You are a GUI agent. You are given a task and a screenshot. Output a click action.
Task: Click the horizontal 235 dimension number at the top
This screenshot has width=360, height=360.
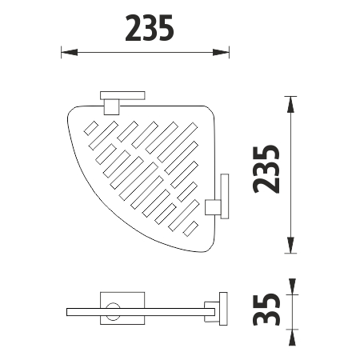[150, 28]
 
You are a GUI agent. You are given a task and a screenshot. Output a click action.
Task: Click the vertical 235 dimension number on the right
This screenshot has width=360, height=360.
[266, 169]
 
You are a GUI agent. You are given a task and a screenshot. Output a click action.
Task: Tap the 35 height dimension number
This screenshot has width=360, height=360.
[266, 310]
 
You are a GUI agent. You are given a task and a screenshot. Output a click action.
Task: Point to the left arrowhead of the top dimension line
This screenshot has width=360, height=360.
[70, 52]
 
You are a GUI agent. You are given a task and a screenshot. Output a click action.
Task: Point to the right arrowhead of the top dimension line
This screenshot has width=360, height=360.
[221, 52]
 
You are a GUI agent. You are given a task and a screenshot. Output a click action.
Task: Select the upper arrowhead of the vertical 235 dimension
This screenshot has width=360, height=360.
[290, 104]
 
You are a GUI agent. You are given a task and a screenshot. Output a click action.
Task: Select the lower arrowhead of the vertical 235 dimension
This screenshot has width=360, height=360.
[290, 245]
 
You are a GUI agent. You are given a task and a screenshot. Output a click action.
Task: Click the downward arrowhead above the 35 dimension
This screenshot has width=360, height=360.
[292, 286]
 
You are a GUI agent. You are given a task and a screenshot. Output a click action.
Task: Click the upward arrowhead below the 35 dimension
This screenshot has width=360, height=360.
[292, 338]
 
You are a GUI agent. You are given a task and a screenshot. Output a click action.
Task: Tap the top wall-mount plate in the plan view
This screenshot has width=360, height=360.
[122, 95]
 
